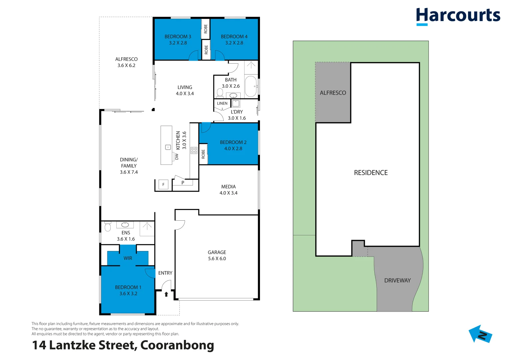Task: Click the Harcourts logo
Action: pyautogui.click(x=458, y=16)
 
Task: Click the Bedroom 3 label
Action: pyautogui.click(x=178, y=37)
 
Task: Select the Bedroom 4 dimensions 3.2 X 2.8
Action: pyautogui.click(x=234, y=43)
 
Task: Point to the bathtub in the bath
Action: pyautogui.click(x=251, y=86)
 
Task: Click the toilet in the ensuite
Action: pyautogui.click(x=108, y=227)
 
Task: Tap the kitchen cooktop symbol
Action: pyautogui.click(x=194, y=150)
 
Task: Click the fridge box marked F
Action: pyautogui.click(x=163, y=184)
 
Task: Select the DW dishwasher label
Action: pyautogui.click(x=177, y=156)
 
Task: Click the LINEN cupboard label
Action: pyautogui.click(x=222, y=103)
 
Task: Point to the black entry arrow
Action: pyautogui.click(x=166, y=294)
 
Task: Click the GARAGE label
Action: pyautogui.click(x=217, y=252)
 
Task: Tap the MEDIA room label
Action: pyautogui.click(x=228, y=187)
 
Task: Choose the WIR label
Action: pyautogui.click(x=128, y=258)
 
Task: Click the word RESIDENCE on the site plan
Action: pyautogui.click(x=371, y=173)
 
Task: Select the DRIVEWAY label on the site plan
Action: pyautogui.click(x=397, y=280)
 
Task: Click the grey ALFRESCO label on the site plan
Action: pyautogui.click(x=333, y=93)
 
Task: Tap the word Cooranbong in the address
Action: pyautogui.click(x=177, y=345)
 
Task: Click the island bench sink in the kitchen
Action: pyautogui.click(x=168, y=147)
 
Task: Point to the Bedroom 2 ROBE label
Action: pyautogui.click(x=203, y=154)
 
